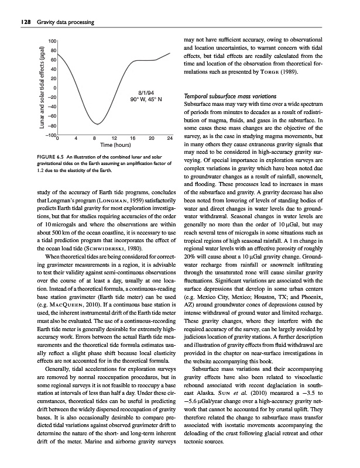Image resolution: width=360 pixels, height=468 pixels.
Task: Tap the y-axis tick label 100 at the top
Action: coord(52,41)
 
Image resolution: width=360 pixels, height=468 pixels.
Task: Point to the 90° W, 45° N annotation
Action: coord(146,100)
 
